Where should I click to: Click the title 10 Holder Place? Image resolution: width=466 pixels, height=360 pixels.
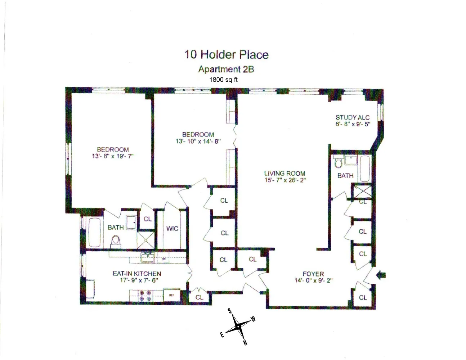click(227, 54)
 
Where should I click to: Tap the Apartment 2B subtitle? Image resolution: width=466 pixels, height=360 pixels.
click(226, 69)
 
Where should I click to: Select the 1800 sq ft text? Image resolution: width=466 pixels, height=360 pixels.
click(223, 80)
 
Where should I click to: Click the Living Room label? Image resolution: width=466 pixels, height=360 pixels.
click(284, 173)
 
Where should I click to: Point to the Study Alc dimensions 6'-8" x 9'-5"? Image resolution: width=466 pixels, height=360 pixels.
click(353, 124)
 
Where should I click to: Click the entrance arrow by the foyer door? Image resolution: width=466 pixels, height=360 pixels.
click(381, 275)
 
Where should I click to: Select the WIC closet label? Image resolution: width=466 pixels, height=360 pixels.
click(172, 229)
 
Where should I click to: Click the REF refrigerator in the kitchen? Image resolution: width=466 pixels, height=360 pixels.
click(172, 295)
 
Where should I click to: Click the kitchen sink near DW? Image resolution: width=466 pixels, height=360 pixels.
click(147, 257)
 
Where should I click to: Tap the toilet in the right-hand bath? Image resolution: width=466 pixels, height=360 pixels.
click(338, 163)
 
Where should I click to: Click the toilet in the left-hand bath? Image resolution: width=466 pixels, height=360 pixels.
click(115, 240)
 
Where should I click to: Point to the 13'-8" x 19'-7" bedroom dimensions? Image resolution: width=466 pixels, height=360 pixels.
click(113, 156)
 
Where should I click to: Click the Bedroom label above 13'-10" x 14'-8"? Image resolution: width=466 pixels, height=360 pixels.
click(198, 134)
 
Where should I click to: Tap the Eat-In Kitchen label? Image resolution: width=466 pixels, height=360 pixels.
click(137, 274)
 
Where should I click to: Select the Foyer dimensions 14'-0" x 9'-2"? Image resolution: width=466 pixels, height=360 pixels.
click(313, 280)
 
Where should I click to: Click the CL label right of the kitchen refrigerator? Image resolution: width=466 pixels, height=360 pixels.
click(199, 297)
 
